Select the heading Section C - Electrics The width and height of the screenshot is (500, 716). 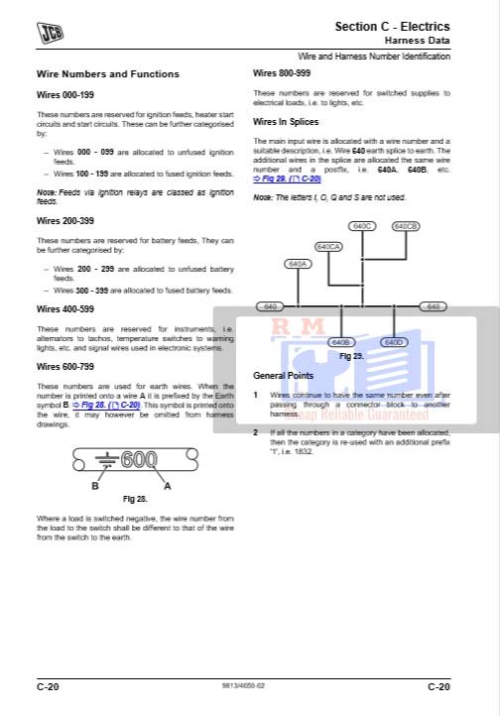tap(392, 26)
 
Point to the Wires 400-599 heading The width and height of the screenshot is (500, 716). tap(64, 308)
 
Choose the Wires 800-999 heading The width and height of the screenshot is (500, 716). tap(281, 73)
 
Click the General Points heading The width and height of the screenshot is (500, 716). tap(283, 376)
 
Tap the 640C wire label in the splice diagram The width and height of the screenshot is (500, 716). tap(364, 226)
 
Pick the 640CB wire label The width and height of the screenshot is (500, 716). tap(406, 226)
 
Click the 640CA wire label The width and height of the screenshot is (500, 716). tap(328, 246)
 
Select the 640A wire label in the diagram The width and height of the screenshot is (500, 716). tap(298, 265)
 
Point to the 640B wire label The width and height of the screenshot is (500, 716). tap(340, 342)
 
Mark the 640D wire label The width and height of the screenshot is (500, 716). tap(394, 342)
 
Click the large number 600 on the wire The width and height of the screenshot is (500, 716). tap(139, 460)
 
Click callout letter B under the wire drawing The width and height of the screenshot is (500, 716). tap(95, 487)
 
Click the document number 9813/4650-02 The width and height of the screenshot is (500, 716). tap(243, 685)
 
